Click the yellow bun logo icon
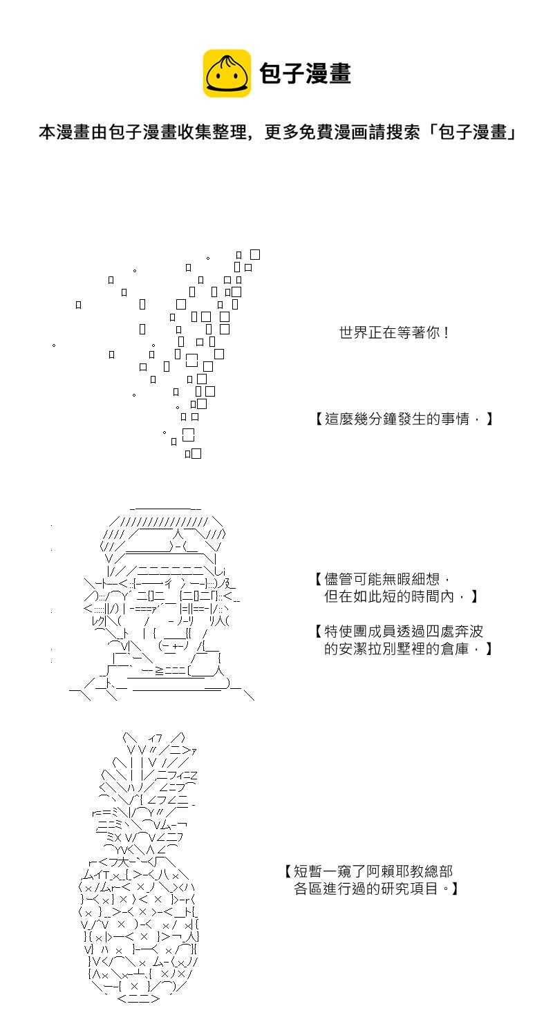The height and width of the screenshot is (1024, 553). [227, 73]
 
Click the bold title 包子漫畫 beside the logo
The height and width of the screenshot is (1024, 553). [305, 74]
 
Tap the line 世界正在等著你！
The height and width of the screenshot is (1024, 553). [394, 332]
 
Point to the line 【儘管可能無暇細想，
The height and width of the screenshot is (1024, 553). [383, 579]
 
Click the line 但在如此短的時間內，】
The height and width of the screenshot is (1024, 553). [401, 596]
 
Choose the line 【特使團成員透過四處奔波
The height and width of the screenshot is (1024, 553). [399, 632]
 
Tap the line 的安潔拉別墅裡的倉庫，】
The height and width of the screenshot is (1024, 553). [408, 649]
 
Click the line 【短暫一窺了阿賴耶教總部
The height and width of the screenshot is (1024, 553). [368, 871]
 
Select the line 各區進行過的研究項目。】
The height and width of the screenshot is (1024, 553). [376, 889]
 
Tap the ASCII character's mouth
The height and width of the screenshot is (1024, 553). [174, 646]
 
